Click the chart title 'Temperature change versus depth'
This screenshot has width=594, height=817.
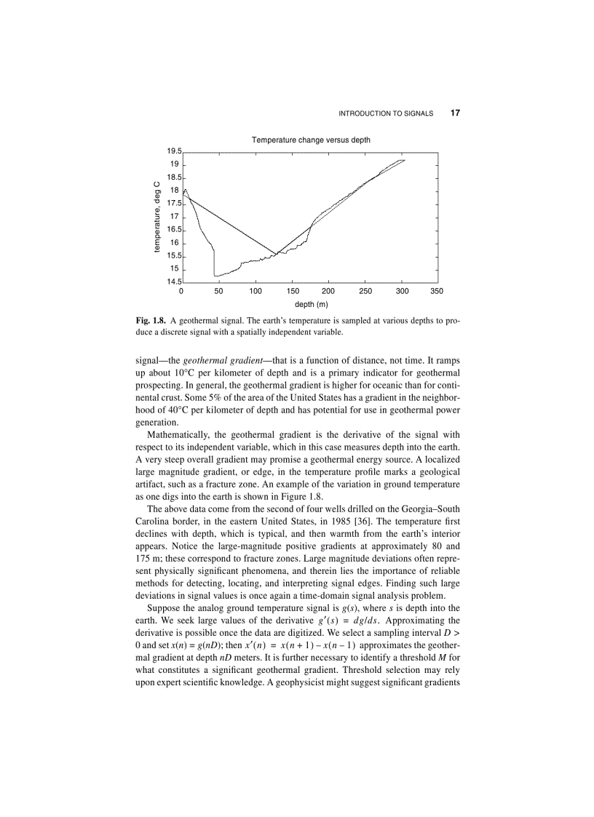point(311,140)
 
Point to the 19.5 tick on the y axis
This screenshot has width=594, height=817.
point(174,151)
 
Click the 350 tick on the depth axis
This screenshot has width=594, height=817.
point(437,290)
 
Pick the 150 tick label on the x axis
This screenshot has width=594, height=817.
point(292,290)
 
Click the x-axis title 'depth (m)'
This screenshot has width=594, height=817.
point(311,304)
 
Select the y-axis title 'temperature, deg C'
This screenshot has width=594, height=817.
point(157,217)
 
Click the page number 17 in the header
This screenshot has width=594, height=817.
point(456,113)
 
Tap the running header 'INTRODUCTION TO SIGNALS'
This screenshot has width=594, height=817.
point(386,113)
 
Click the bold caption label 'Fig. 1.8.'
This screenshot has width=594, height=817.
point(151,319)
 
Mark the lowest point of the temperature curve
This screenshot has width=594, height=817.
point(215,275)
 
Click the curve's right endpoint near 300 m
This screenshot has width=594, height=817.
point(405,160)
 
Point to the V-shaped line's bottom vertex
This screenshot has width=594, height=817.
point(276,254)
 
